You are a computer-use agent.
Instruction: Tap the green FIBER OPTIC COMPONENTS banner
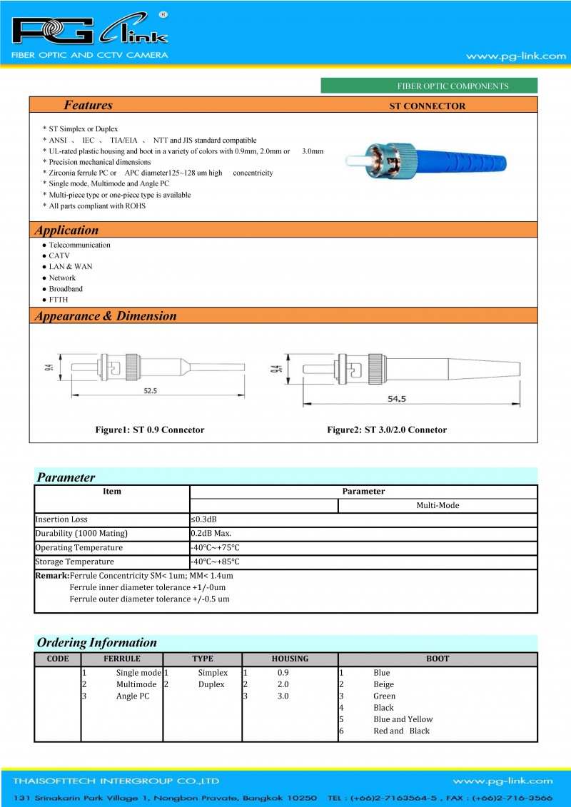(x=429, y=86)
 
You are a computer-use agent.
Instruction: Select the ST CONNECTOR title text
(x=427, y=106)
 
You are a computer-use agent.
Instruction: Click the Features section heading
(x=88, y=106)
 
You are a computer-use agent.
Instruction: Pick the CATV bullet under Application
(x=59, y=255)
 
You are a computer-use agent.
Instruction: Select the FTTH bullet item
(x=59, y=300)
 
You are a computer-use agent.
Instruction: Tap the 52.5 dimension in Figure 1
(x=150, y=391)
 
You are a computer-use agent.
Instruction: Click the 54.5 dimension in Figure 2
(x=397, y=400)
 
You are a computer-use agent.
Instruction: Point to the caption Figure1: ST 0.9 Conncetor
(x=150, y=430)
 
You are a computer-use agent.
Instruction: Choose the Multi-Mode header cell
(x=438, y=505)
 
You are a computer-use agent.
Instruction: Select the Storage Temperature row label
(x=74, y=562)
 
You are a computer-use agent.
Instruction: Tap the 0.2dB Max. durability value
(x=211, y=534)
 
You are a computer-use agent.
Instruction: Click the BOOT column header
(x=438, y=659)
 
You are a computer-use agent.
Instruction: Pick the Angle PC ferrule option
(x=133, y=696)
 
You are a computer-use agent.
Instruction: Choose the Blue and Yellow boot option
(x=403, y=719)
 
